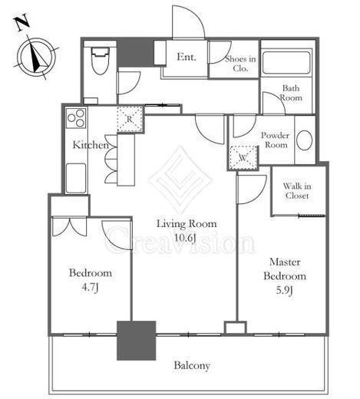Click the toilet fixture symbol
coord(101,61)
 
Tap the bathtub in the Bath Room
coord(286,63)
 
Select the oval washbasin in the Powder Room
coord(305,140)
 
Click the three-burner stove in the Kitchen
coord(76,118)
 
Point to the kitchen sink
coord(75,178)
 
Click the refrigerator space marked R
coord(130,119)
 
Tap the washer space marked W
coord(243,158)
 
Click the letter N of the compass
coord(23,23)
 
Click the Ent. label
coord(187,57)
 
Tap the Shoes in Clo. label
coord(240,64)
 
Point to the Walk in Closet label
coord(297,191)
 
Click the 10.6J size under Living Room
coord(185,239)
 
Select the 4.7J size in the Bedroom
coord(91,288)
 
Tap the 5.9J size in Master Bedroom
coord(284,291)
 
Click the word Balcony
coord(192,366)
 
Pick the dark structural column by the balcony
coord(137,341)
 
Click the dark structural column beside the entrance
coord(136,53)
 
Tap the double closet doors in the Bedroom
coord(69,226)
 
